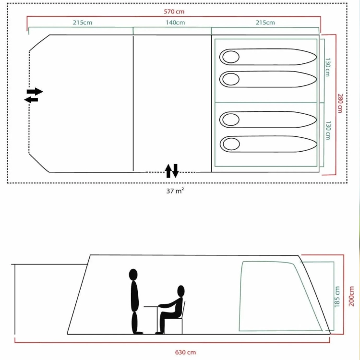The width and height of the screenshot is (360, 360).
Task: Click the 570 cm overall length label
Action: coord(174,12)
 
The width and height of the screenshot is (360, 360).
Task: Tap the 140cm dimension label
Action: coord(175,23)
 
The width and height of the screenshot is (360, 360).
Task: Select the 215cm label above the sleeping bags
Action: coord(265,23)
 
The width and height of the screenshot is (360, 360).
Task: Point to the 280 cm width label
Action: coord(340,103)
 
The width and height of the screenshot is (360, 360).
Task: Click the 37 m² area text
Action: coord(175,191)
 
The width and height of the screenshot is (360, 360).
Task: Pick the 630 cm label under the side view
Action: coord(185,352)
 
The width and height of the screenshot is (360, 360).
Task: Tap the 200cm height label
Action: coord(351,296)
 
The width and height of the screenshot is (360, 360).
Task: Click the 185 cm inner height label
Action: coord(337,297)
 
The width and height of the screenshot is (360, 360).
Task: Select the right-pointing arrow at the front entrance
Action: coord(35,91)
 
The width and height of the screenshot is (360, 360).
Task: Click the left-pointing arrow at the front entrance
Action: coord(31,100)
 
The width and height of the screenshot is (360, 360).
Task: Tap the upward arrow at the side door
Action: coord(168,171)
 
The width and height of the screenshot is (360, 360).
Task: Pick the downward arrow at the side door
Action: coord(175,170)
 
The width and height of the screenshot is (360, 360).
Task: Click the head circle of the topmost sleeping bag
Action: coord(231,57)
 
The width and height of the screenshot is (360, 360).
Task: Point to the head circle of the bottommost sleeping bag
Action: coord(231,144)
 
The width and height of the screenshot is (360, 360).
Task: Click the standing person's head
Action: coord(133,275)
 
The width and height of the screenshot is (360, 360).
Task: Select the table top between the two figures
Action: coord(152,307)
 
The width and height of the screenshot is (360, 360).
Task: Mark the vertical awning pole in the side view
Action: coord(15,299)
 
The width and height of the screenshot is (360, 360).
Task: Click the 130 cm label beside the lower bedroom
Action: coord(328,131)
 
